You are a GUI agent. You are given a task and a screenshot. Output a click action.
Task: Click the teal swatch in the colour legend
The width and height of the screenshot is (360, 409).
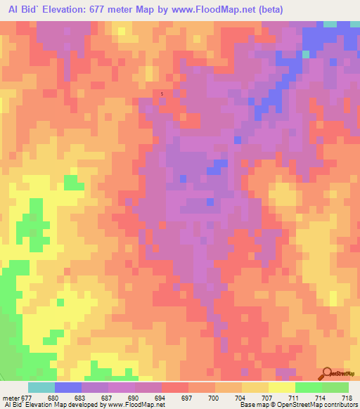(x=41, y=387)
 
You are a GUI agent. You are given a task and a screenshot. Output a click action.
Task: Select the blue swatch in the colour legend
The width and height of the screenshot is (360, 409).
(x=67, y=387)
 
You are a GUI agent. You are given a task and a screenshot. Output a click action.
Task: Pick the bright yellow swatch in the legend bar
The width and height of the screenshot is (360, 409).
(x=281, y=387)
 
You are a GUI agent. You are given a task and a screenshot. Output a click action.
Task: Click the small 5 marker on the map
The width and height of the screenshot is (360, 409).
(x=162, y=93)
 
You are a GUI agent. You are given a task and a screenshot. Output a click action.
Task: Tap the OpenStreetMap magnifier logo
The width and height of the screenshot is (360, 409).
(x=328, y=373)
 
